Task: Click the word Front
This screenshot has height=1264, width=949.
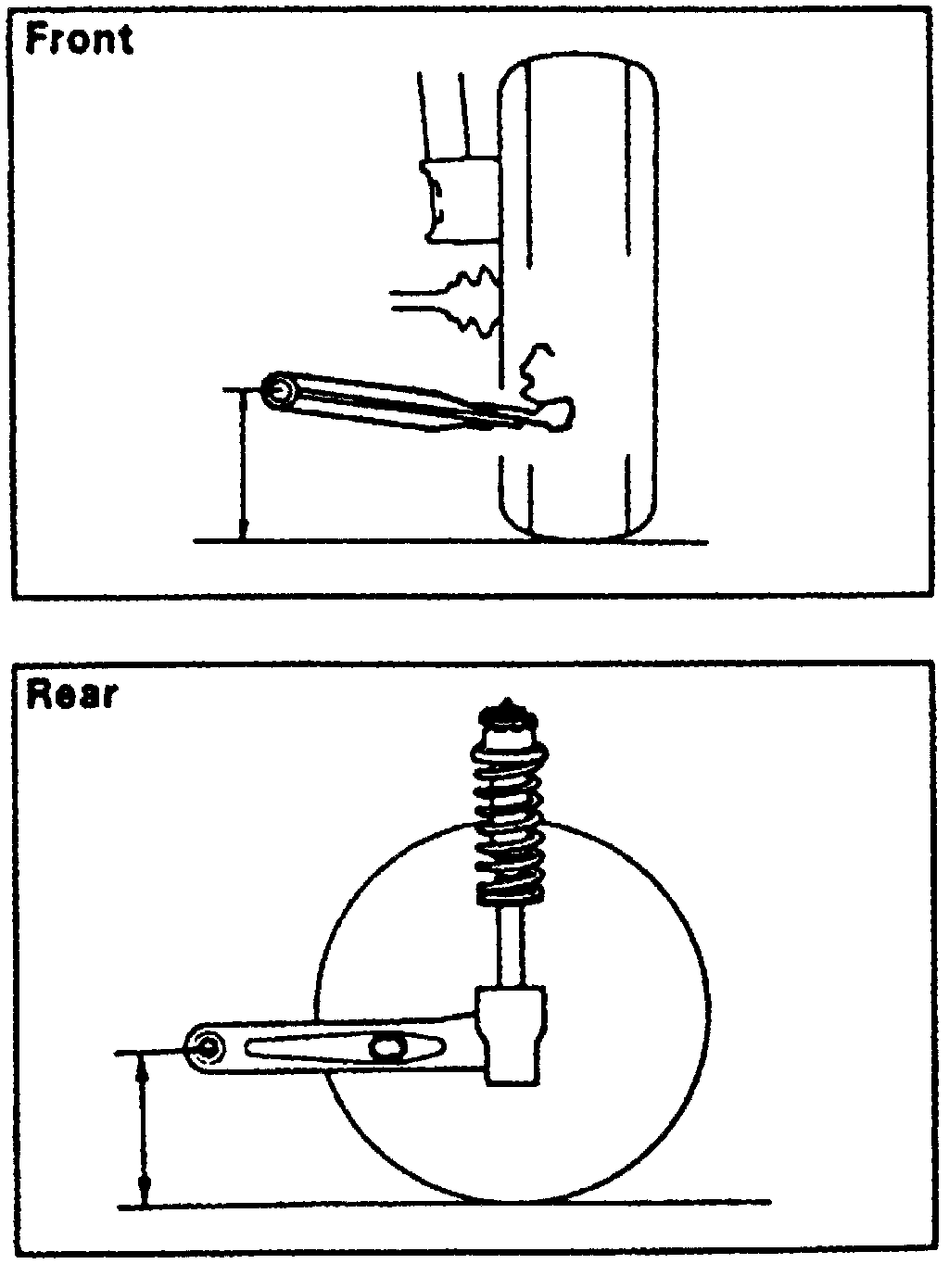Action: click(80, 39)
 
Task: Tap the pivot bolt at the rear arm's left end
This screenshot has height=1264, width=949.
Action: click(210, 1048)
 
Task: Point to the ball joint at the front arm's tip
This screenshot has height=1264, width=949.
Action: click(559, 412)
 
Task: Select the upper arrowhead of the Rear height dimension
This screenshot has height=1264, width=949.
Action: click(143, 1066)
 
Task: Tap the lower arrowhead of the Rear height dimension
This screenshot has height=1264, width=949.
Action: click(143, 1193)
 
